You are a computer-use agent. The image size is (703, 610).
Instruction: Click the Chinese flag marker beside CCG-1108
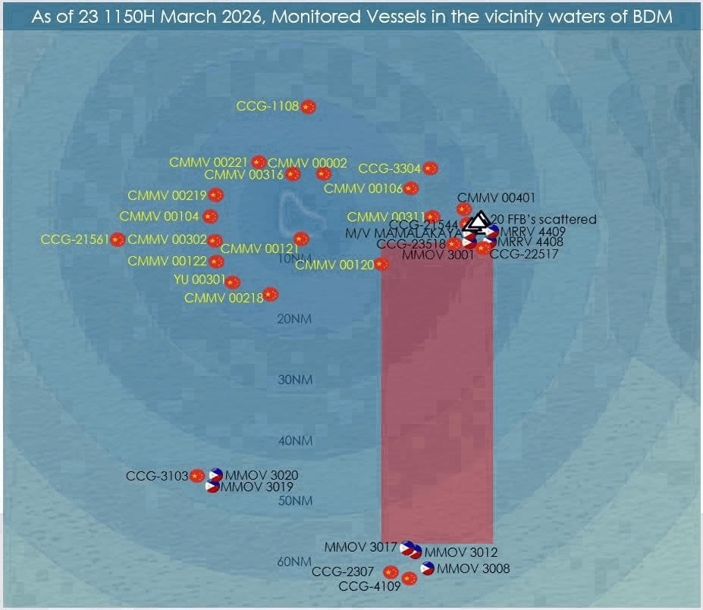point(308,107)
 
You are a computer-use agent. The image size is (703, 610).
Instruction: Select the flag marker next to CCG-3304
point(431,168)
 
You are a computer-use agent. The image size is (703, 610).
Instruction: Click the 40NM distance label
point(295,440)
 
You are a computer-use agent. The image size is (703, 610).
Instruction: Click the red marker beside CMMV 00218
point(271,295)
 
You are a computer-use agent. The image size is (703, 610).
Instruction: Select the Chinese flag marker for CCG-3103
point(197,476)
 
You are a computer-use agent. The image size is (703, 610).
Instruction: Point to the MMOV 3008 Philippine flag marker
point(428,568)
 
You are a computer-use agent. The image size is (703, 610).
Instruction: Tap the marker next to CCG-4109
point(410,579)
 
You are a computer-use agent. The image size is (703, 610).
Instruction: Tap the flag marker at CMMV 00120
point(381,264)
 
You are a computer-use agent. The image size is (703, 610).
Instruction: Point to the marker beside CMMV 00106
point(411,189)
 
